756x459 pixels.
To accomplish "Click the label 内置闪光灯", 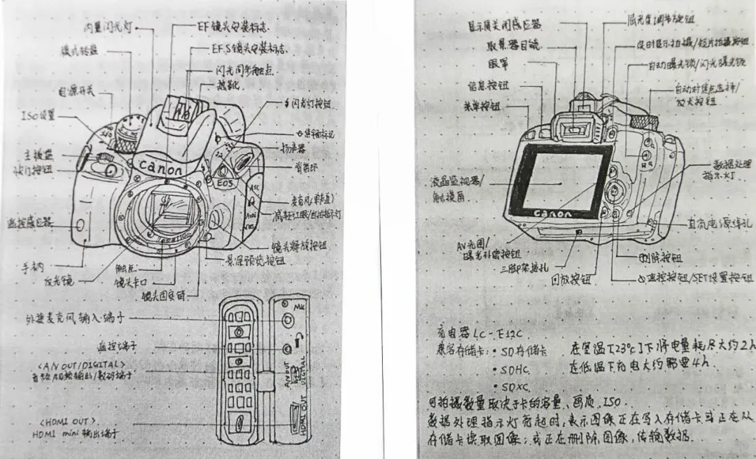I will pos(108,27).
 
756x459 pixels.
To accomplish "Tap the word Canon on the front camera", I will pos(160,169).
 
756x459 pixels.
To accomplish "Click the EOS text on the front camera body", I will pos(225,184).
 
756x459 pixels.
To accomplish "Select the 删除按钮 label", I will pos(660,257).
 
